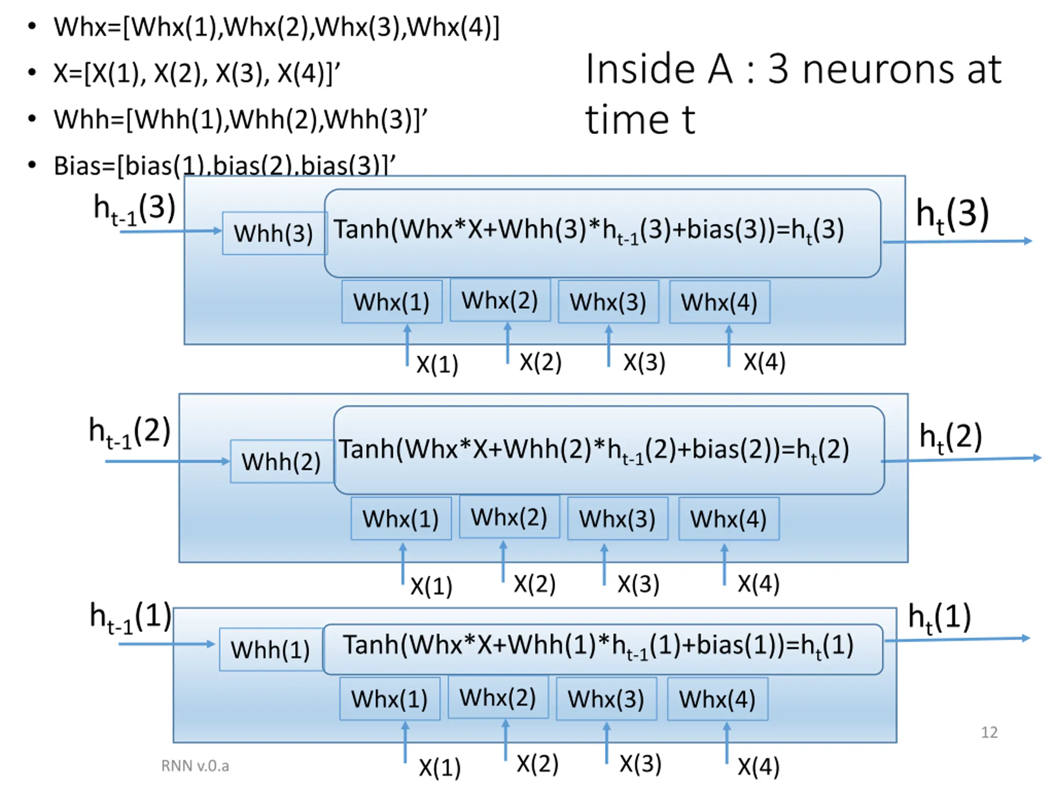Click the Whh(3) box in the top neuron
(274, 233)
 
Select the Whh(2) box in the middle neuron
(282, 461)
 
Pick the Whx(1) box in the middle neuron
(401, 518)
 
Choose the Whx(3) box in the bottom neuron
(606, 699)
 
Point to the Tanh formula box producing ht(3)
(602, 233)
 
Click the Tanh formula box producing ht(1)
(602, 648)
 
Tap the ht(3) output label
(952, 215)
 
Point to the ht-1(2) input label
(130, 432)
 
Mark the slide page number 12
(989, 732)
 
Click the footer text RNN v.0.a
(195, 766)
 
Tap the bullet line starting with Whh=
(240, 119)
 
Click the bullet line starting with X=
(196, 73)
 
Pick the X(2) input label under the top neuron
(540, 362)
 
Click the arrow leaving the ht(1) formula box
(958, 639)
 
